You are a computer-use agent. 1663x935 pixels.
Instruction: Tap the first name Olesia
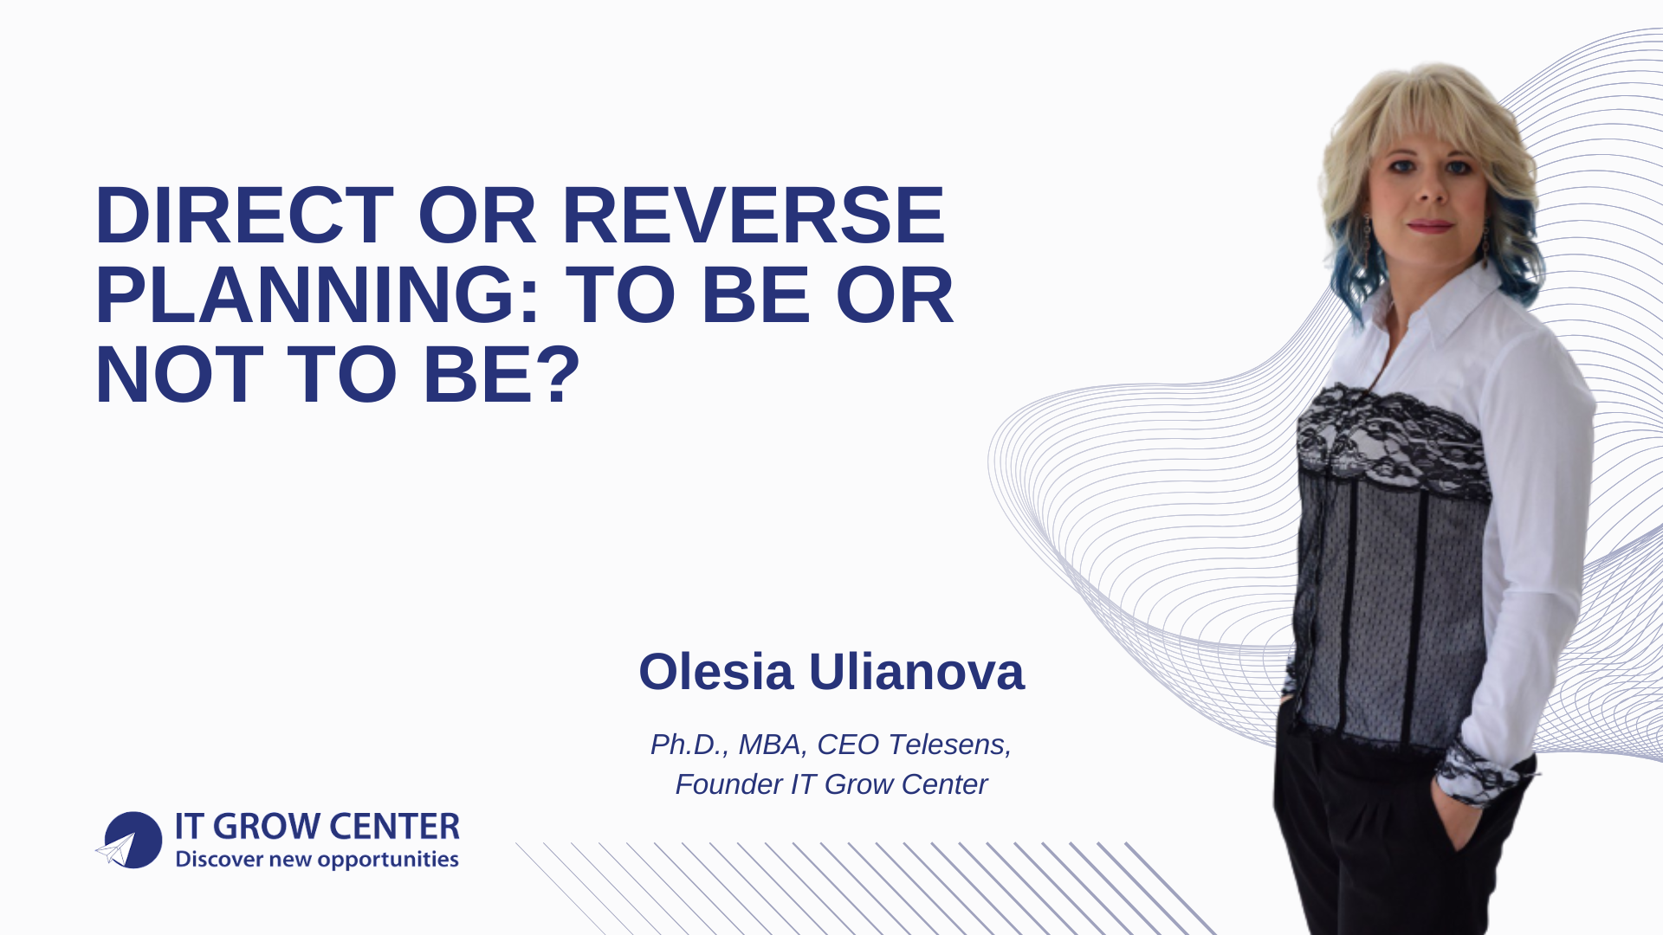[x=715, y=672]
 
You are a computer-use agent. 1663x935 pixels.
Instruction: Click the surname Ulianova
[x=916, y=672]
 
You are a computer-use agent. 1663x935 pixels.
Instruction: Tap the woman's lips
[x=1430, y=226]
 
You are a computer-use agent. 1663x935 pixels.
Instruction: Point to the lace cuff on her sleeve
[x=1477, y=772]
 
